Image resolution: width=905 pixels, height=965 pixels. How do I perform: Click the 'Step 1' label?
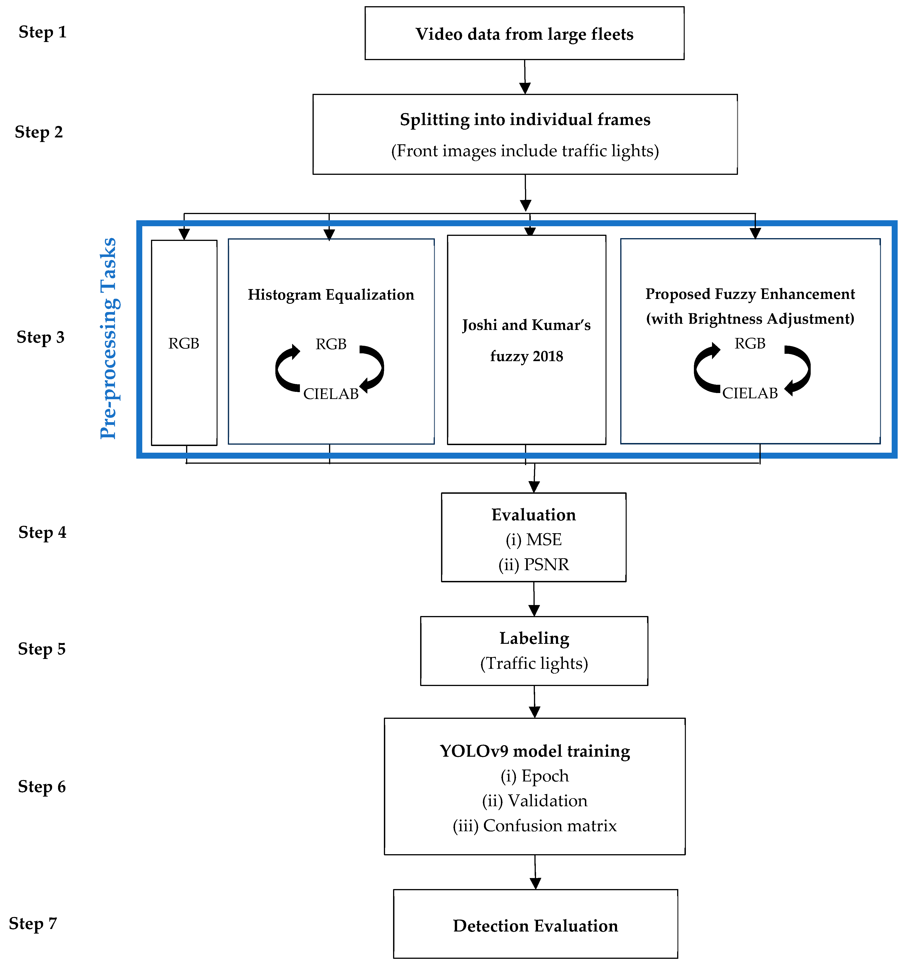click(x=42, y=32)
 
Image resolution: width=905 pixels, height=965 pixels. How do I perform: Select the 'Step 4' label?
click(x=42, y=533)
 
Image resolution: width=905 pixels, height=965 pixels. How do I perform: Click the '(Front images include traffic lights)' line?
click(x=525, y=151)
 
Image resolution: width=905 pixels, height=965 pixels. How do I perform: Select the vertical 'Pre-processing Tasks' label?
click(x=109, y=338)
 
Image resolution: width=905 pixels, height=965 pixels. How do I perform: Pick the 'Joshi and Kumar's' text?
click(x=526, y=325)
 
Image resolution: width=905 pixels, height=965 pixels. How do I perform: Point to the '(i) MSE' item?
click(x=534, y=540)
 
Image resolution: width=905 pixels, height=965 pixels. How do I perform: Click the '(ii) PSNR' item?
click(x=534, y=565)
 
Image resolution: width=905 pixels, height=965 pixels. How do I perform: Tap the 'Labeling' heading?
click(x=534, y=638)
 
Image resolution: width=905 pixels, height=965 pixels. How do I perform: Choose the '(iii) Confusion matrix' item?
click(x=535, y=826)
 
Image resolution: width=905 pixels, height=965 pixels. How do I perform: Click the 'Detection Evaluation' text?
click(x=536, y=926)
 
